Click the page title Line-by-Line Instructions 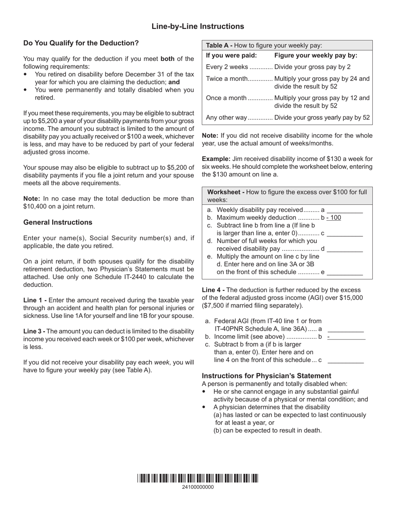pyautogui.click(x=198, y=27)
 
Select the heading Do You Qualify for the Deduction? pyautogui.click(x=81, y=43)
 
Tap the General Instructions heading pyautogui.click(x=58, y=222)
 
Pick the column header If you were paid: pyautogui.click(x=231, y=55)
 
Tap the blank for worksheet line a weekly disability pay pyautogui.click(x=345, y=210)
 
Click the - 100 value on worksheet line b pyautogui.click(x=333, y=218)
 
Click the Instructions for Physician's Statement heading pyautogui.click(x=266, y=375)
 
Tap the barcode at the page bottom pyautogui.click(x=198, y=478)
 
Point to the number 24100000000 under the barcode pyautogui.click(x=198, y=487)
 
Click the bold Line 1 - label pyautogui.click(x=35, y=300)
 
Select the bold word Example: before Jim pyautogui.click(x=216, y=159)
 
